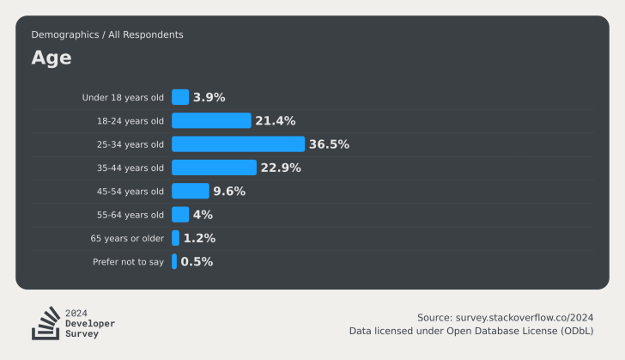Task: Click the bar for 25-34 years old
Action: (238, 144)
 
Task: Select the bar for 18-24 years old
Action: (211, 120)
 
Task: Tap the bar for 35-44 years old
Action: (214, 168)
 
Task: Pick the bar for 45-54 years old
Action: (190, 191)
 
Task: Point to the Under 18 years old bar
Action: (180, 97)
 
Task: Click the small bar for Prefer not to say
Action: (174, 261)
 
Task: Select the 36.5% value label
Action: (329, 144)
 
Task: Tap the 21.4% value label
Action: (275, 120)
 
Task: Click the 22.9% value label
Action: (281, 168)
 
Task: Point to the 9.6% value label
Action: (229, 191)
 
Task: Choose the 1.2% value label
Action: (199, 238)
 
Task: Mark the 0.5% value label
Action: (197, 261)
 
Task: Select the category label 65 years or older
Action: (127, 238)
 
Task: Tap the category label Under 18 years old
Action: (123, 97)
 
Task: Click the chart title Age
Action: (52, 58)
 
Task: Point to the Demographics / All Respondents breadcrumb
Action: (107, 34)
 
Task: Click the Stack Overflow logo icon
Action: (45, 322)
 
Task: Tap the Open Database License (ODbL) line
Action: (470, 331)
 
